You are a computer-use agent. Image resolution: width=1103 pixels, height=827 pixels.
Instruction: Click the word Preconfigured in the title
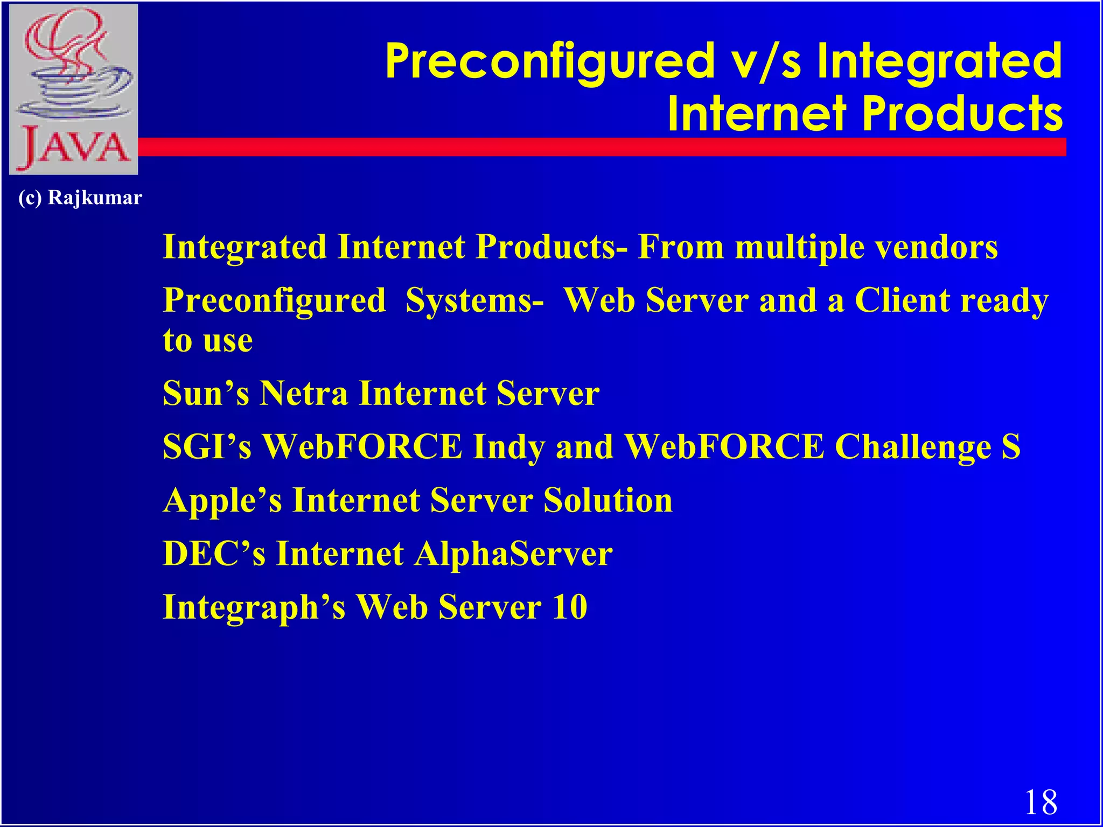pyautogui.click(x=549, y=62)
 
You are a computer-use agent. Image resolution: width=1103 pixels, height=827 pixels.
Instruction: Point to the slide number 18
pyautogui.click(x=1041, y=802)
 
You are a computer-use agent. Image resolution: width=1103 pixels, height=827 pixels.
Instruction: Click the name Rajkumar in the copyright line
pyautogui.click(x=95, y=198)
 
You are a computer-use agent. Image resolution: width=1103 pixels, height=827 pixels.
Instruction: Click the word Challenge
pyautogui.click(x=912, y=447)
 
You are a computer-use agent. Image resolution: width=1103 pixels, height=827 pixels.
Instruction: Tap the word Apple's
pyautogui.click(x=222, y=500)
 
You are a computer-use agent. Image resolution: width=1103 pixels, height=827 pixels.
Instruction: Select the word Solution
pyautogui.click(x=608, y=500)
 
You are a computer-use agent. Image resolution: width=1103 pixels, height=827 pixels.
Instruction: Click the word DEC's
pyautogui.click(x=214, y=553)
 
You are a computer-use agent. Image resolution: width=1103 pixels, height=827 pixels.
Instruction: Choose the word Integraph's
pyautogui.click(x=254, y=607)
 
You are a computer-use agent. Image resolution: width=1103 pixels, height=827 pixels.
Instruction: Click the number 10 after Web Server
pyautogui.click(x=570, y=607)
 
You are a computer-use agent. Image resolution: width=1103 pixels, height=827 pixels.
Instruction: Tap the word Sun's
pyautogui.click(x=206, y=393)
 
